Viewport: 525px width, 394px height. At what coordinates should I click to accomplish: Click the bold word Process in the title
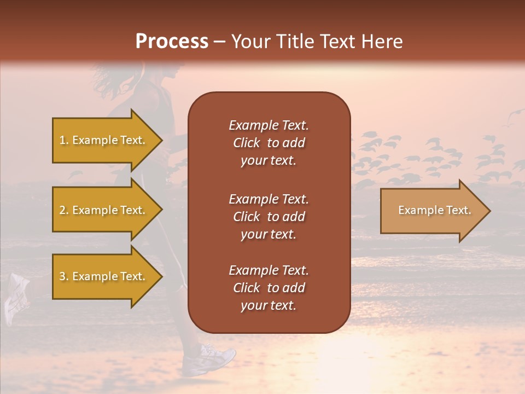(172, 42)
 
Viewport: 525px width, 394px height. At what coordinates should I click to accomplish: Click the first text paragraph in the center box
(269, 143)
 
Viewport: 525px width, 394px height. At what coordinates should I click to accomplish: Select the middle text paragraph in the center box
(269, 217)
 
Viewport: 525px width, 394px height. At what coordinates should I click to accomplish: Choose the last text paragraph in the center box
(269, 288)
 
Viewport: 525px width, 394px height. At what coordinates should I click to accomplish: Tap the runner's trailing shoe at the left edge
(15, 298)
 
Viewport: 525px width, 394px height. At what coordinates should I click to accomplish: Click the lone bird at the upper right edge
(514, 115)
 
